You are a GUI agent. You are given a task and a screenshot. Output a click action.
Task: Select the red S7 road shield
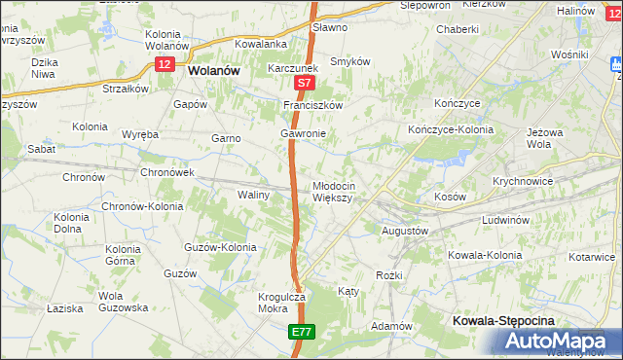305,86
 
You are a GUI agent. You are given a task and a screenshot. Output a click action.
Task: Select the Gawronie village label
302,133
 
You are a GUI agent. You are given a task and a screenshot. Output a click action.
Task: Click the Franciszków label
314,105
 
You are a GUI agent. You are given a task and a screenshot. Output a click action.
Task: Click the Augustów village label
403,231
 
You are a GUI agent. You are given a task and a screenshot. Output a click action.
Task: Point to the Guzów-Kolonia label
220,247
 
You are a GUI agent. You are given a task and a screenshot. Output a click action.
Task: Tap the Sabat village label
42,149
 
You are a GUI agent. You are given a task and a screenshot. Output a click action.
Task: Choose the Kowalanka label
260,44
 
